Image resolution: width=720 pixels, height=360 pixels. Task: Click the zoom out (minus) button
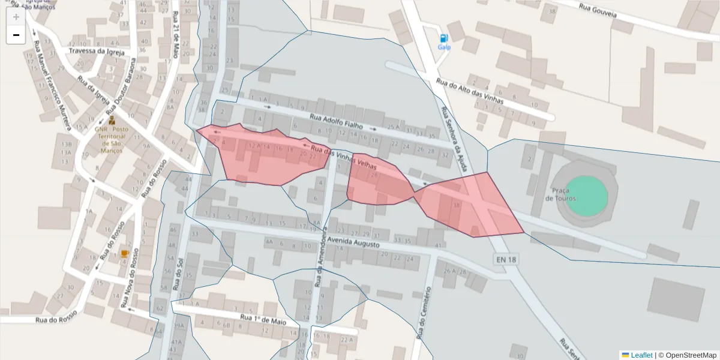(x=16, y=35)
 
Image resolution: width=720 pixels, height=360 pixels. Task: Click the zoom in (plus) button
(x=16, y=17)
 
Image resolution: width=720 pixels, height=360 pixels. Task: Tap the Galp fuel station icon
(x=444, y=38)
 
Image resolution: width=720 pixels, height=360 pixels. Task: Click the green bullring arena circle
(x=586, y=196)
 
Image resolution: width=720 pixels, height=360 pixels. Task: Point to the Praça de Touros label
(x=561, y=194)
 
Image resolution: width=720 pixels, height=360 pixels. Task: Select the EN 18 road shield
(x=506, y=259)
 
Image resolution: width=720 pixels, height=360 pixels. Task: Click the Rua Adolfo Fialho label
(x=337, y=121)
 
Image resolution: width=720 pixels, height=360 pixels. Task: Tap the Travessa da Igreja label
(x=96, y=51)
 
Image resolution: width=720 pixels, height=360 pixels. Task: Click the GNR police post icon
(x=112, y=120)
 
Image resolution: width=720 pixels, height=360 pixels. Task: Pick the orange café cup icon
(x=124, y=254)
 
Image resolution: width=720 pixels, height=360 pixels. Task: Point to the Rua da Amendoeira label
(x=320, y=258)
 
